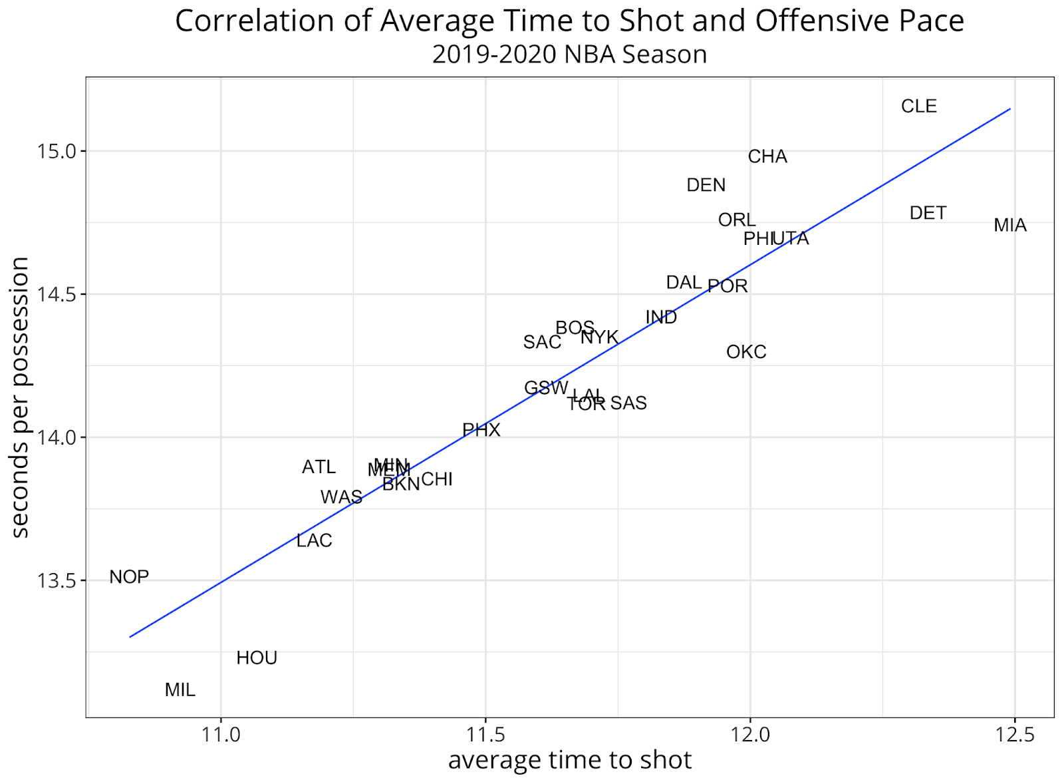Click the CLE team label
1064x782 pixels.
(918, 106)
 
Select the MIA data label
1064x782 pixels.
(1009, 226)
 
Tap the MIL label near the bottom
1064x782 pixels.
(180, 690)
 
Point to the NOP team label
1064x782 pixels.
(129, 577)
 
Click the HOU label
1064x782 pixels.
(257, 658)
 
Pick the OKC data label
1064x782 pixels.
(746, 352)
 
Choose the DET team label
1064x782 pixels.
(928, 213)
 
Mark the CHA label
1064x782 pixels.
(767, 156)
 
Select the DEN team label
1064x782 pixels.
(706, 185)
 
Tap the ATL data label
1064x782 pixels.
(319, 467)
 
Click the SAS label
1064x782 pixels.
(628, 403)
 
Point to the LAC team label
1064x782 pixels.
(314, 540)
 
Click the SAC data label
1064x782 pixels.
(542, 342)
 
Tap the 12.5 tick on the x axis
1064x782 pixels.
(1015, 735)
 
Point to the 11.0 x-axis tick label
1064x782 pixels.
(221, 735)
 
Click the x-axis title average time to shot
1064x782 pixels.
(570, 760)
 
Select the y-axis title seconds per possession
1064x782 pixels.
(21, 397)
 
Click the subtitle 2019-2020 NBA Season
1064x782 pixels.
(569, 55)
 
